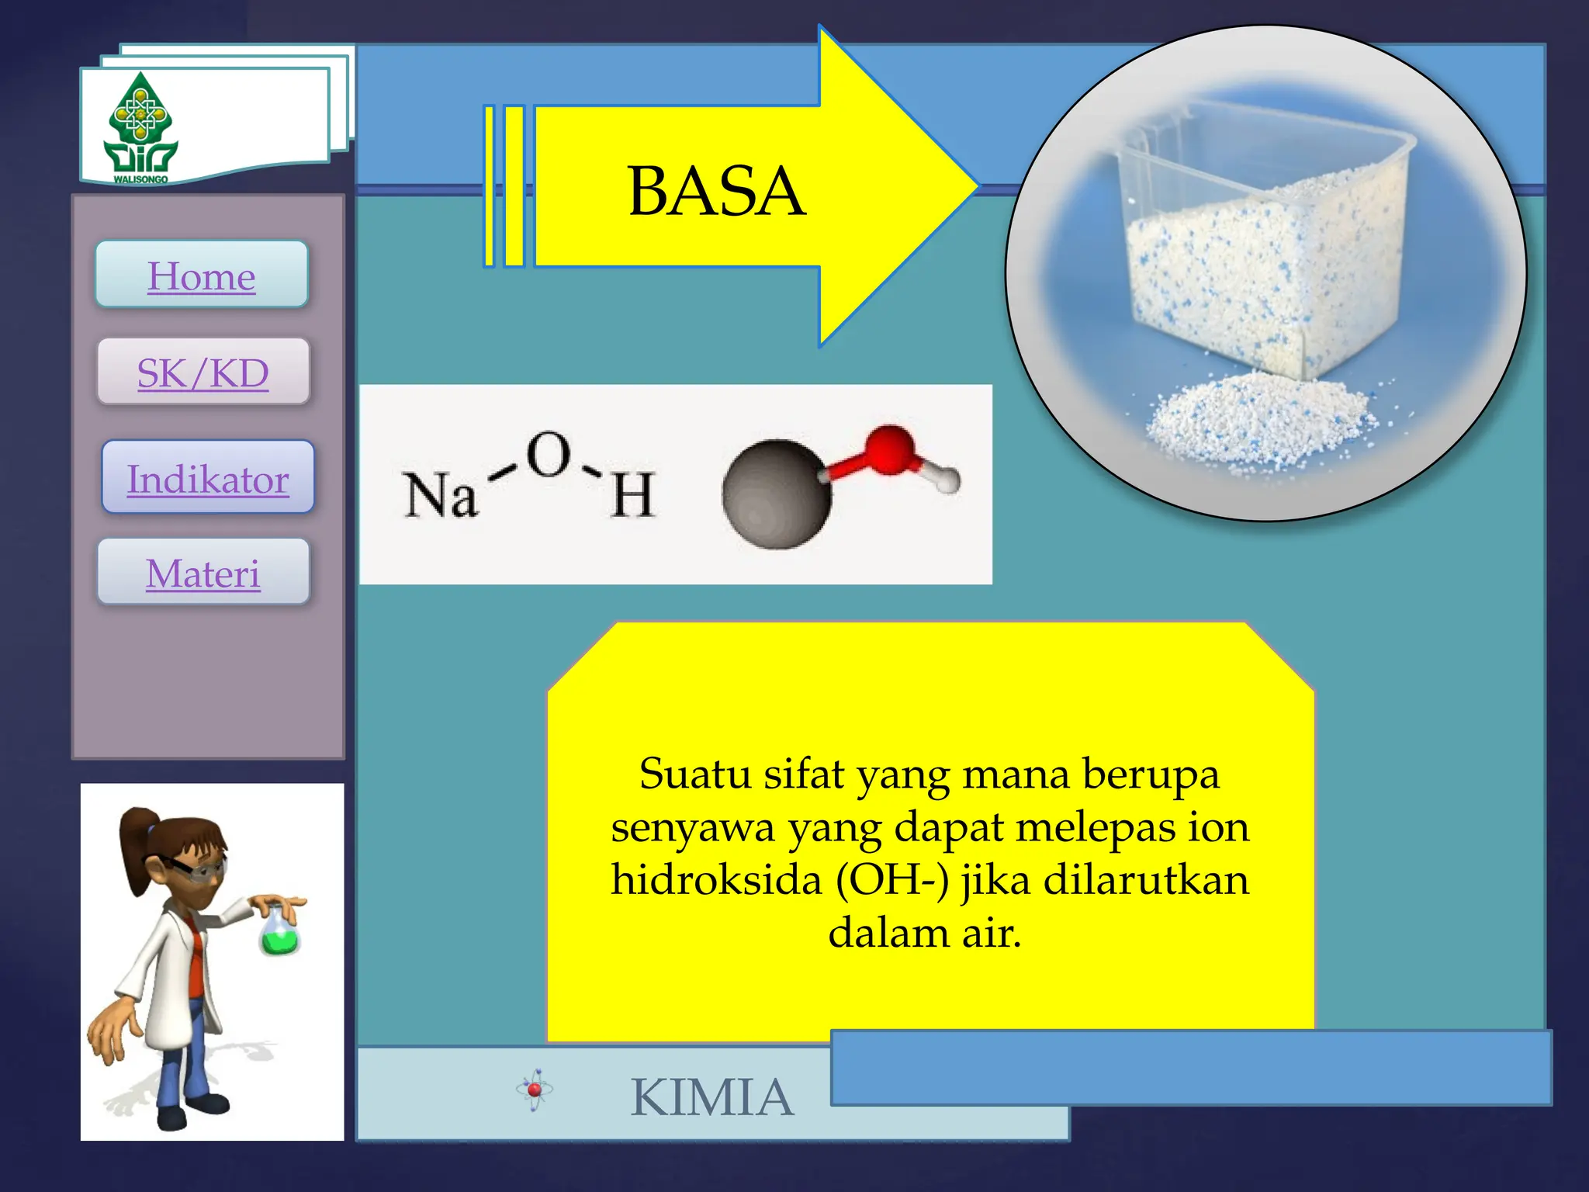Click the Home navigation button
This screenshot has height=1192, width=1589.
point(202,275)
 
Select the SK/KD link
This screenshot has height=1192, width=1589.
point(203,372)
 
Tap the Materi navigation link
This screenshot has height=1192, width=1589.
point(203,573)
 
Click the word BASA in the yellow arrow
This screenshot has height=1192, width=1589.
point(716,191)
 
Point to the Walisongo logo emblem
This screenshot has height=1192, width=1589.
point(140,126)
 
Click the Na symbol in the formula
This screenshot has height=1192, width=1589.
point(439,494)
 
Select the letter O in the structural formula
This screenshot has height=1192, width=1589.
point(549,455)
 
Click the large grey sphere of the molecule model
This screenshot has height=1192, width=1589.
point(776,494)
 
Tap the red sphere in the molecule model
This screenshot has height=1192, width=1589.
point(889,449)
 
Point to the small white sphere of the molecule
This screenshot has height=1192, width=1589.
point(947,479)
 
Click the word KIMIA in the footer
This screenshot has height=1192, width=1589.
point(712,1097)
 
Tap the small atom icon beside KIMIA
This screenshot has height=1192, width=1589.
point(535,1090)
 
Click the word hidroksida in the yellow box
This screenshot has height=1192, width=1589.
point(715,880)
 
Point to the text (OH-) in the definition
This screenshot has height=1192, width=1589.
point(892,880)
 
